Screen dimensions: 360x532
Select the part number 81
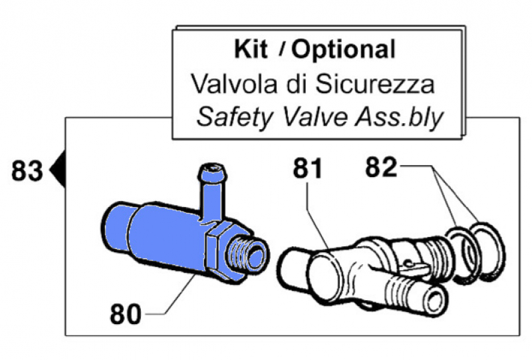307,170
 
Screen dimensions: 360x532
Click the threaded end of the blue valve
249,254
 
